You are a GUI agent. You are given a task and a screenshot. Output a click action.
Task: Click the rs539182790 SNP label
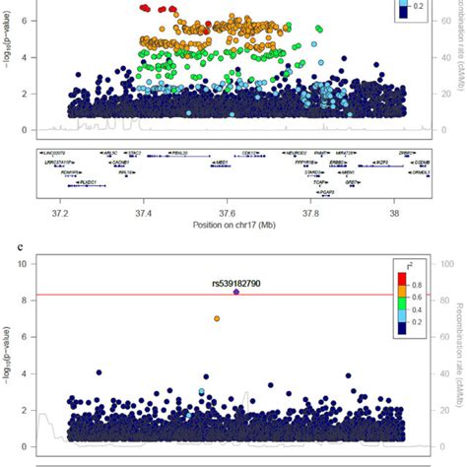click(x=233, y=282)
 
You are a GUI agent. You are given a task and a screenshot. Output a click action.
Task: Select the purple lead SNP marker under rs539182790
click(x=236, y=293)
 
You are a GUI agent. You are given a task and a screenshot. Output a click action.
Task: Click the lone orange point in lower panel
click(x=217, y=319)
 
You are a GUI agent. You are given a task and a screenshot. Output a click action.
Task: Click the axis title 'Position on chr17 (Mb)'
click(x=228, y=226)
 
